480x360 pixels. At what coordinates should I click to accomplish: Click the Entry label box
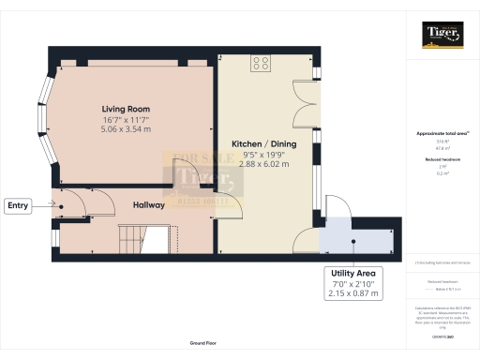click(19, 205)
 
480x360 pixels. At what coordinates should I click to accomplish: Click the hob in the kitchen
click(261, 65)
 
